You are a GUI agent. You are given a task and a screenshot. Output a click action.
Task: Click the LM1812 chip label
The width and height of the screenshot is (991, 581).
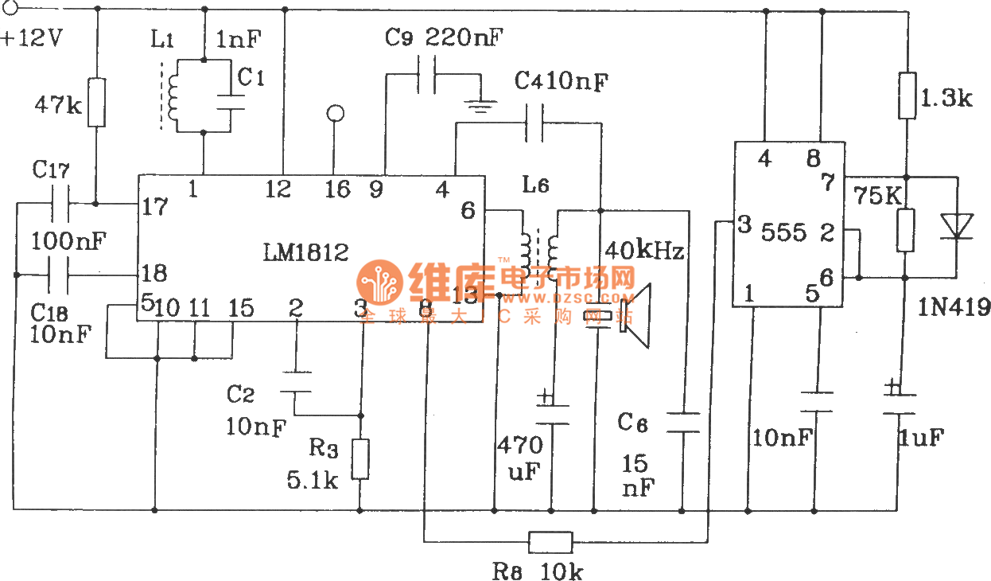305,253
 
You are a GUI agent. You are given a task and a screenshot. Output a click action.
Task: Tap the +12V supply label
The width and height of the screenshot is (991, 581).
33,39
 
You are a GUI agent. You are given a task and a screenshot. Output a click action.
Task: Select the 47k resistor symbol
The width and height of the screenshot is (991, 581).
95,102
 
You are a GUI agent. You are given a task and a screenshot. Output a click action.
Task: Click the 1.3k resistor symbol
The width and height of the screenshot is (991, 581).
907,96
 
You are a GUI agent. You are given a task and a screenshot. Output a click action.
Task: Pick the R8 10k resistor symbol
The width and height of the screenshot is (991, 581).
550,543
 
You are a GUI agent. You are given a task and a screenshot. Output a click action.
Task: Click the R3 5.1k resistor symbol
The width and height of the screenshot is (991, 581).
361,459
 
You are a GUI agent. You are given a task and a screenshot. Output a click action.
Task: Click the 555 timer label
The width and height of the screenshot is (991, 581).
783,232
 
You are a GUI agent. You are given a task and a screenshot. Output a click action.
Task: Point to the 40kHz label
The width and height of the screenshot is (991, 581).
644,252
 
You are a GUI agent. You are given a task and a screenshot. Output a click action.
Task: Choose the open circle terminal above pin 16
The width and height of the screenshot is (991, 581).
336,114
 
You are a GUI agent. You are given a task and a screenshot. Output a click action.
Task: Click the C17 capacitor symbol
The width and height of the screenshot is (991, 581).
60,204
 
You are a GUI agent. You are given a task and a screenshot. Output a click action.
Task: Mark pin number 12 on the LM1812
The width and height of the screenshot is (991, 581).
278,189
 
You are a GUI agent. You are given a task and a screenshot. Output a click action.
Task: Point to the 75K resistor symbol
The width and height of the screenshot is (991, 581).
906,230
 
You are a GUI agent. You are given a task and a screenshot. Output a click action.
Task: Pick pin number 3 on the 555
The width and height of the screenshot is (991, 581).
743,224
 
